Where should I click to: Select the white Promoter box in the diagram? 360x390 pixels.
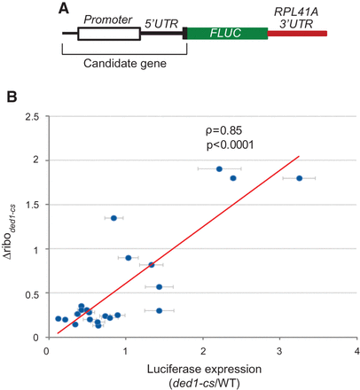108,34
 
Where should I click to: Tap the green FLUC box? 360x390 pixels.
227,34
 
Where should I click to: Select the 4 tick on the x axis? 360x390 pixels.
356,351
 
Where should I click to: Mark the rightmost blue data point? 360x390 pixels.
299,178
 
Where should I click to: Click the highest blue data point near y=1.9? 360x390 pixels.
219,168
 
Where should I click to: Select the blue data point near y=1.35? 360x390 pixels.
113,217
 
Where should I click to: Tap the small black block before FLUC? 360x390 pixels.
184,34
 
